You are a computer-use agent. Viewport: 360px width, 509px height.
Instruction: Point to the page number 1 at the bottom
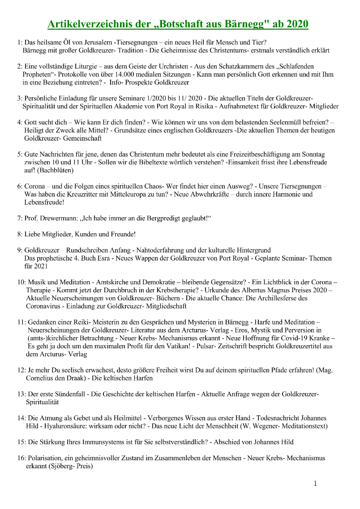316,483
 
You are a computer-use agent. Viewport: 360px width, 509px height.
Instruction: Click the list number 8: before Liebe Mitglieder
20,234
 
